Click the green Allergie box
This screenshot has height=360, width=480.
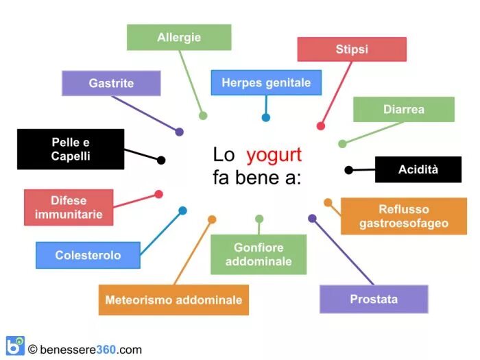tap(179, 37)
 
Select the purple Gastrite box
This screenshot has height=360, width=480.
tap(111, 83)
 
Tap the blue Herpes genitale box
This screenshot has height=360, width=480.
tap(266, 83)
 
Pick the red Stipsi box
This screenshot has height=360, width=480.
tap(352, 49)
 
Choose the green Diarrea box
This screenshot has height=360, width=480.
tap(404, 109)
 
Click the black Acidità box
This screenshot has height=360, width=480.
tap(418, 169)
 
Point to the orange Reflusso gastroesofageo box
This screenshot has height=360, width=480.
tap(404, 216)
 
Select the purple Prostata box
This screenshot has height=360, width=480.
tap(374, 299)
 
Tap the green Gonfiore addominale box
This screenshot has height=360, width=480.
tap(259, 254)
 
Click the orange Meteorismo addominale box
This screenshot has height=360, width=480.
tap(173, 300)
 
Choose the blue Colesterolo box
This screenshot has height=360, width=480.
tap(88, 255)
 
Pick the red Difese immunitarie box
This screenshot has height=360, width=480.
tap(69, 207)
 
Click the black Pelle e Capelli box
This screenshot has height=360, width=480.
tap(71, 149)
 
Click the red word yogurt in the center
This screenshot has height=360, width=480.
tap(274, 154)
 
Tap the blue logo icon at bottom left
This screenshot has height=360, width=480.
tap(14, 346)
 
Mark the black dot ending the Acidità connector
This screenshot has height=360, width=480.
tap(348, 170)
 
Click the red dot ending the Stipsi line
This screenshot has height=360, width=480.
tap(320, 126)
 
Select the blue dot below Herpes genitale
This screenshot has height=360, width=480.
tap(266, 117)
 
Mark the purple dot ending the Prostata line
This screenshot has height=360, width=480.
tap(312, 219)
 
